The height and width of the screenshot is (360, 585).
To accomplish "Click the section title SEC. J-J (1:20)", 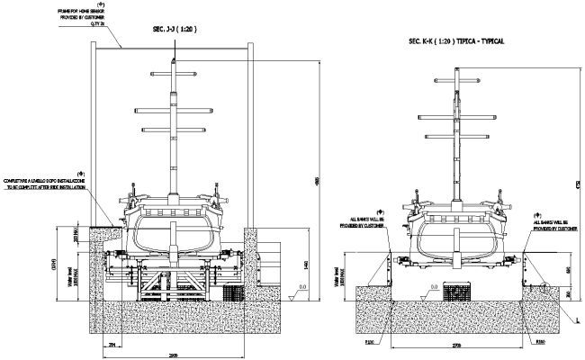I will pyautogui.click(x=171, y=29).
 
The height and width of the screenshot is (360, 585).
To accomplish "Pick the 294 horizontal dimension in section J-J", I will pyautogui.click(x=112, y=344).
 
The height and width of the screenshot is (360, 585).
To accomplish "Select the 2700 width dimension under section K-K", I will pyautogui.click(x=457, y=344).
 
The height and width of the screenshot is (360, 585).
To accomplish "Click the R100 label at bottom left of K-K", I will pyautogui.click(x=370, y=342).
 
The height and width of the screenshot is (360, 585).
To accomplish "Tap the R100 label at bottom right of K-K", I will pyautogui.click(x=541, y=342).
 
